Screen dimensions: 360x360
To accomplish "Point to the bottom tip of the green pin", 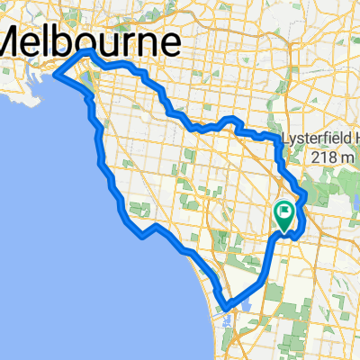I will pos(284,232).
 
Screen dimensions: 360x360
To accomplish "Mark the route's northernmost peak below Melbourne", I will pos(87,53).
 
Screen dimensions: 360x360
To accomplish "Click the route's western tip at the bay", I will pos(58,76).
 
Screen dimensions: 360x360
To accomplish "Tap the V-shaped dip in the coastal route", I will pos(142,237).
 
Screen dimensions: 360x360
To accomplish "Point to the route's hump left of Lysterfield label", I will pos(232,120).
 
